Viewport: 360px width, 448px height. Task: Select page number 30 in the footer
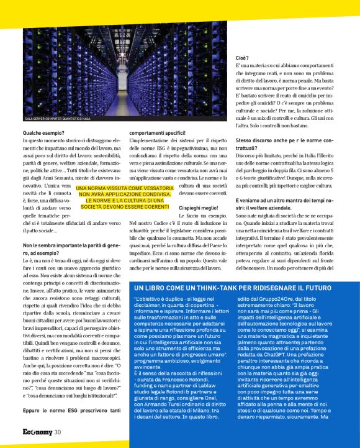point(57,432)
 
